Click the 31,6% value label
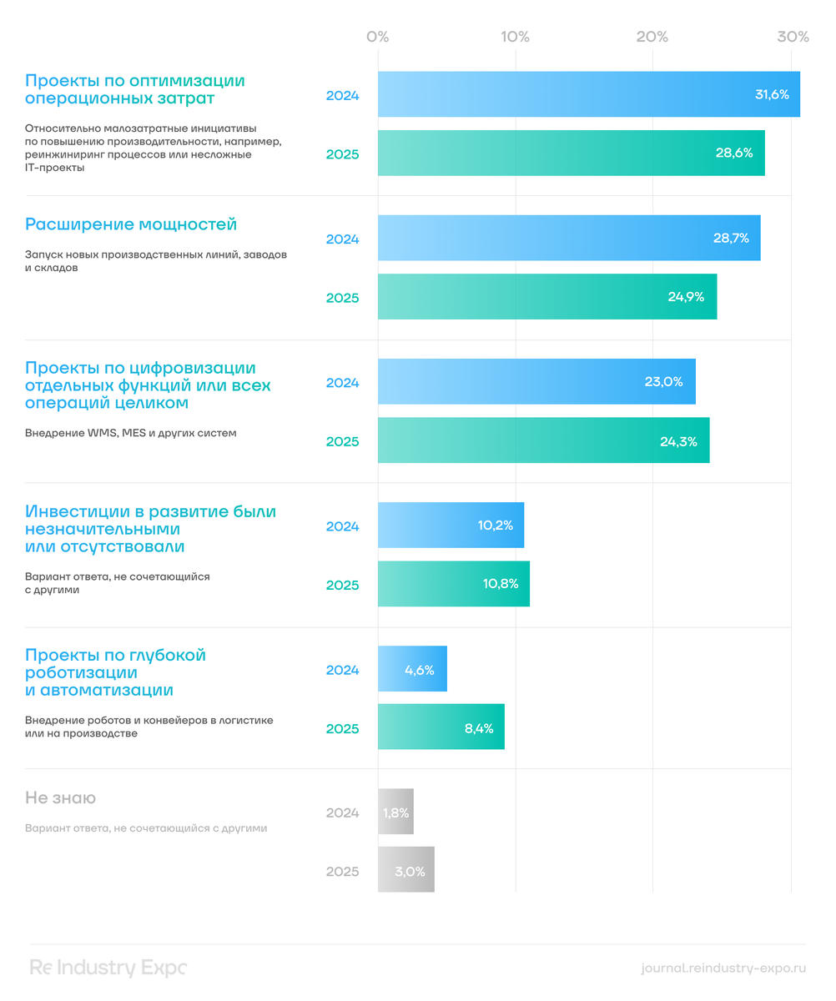tap(772, 94)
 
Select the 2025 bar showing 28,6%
tap(571, 153)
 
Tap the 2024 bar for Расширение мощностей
tap(568, 239)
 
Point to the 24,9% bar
tap(546, 296)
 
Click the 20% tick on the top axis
tap(652, 37)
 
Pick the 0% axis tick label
tap(378, 37)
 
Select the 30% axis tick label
tap(793, 37)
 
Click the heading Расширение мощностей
tap(131, 224)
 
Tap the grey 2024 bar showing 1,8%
tap(395, 812)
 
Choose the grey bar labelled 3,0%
tap(405, 870)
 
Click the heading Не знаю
tap(60, 798)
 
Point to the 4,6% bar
tap(412, 669)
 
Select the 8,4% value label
tap(480, 728)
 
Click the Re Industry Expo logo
tap(108, 968)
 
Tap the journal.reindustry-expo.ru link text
tap(723, 968)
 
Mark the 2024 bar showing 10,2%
tap(451, 526)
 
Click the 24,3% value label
tap(678, 441)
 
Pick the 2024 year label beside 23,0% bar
tap(342, 383)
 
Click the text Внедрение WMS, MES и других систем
tap(131, 434)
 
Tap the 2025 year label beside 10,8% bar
tap(342, 585)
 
